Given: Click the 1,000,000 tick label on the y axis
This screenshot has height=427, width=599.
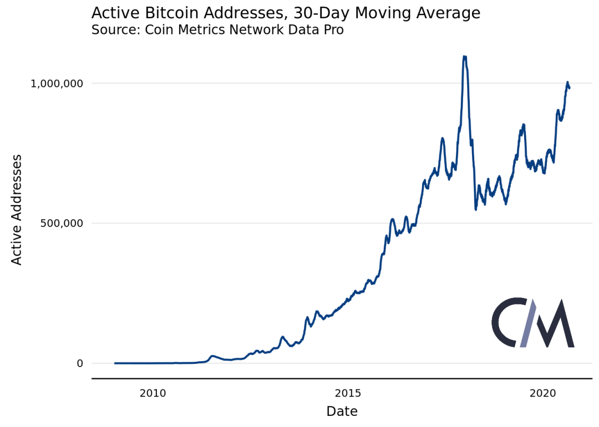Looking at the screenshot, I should click(x=57, y=84).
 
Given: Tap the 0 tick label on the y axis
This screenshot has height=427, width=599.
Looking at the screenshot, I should click(x=79, y=363).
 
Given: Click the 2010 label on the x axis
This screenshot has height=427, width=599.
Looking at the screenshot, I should click(x=153, y=394).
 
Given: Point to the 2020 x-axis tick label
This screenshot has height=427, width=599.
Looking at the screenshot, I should click(x=543, y=394).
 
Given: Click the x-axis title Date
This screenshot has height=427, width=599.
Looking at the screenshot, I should click(x=342, y=411).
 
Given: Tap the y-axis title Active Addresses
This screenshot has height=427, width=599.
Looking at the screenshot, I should click(x=17, y=209).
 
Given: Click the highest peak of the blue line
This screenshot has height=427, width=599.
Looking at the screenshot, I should click(x=464, y=56).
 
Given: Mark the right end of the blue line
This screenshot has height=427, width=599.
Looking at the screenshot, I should click(x=569, y=88).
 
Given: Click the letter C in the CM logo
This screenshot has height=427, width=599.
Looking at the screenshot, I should click(x=506, y=323).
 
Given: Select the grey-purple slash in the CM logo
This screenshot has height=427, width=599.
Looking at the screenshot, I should click(x=527, y=323).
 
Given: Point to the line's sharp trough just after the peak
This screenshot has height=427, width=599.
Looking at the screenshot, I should click(x=476, y=209).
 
